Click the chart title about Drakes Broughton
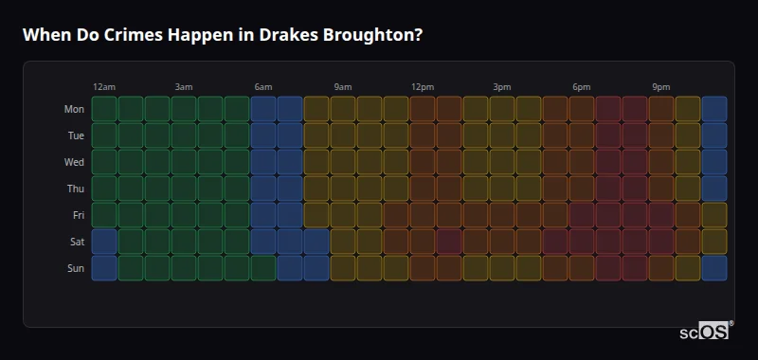point(223,35)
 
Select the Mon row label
point(74,109)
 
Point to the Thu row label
point(75,189)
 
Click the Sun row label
point(75,268)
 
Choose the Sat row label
point(76,242)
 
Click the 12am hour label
point(104,87)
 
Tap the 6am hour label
point(263,87)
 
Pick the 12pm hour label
point(423,87)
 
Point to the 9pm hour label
point(661,87)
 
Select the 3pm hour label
point(502,87)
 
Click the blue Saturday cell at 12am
point(104,242)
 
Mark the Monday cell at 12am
point(104,109)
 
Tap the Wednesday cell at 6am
point(263,162)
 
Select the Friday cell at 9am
point(343,215)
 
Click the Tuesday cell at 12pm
point(423,135)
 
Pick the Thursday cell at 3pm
point(502,189)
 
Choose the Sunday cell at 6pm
point(582,268)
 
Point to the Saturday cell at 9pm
point(661,242)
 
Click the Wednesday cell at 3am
point(184,162)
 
